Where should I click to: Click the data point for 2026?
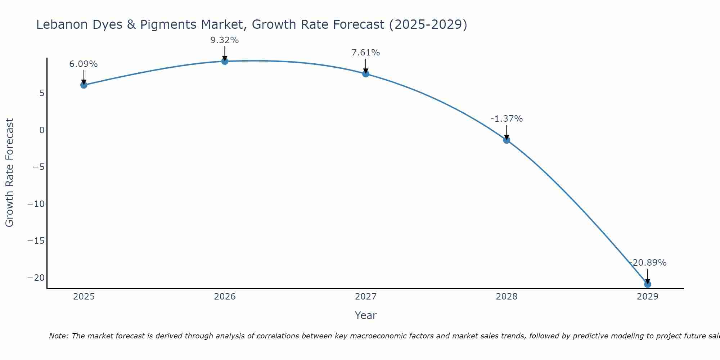point(225,61)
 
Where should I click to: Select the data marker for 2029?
point(647,284)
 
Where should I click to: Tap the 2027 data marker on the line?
point(366,74)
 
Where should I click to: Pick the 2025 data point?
point(84,85)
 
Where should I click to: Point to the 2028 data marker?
point(507,140)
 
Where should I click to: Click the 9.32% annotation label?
point(225,40)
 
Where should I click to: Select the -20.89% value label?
point(648,263)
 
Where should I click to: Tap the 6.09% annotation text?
point(84,64)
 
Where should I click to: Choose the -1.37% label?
point(507,119)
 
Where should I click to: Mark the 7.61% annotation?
point(366,53)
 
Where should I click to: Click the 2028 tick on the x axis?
point(507,297)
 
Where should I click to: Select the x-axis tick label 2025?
point(84,297)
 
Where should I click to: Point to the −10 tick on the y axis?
point(36,204)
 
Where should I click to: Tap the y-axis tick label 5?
point(42,93)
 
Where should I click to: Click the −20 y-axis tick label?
point(36,278)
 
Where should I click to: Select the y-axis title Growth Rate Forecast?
point(9,172)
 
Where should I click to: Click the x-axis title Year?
point(366,315)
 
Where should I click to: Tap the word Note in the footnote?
point(58,336)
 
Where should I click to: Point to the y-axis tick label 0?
point(42,130)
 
